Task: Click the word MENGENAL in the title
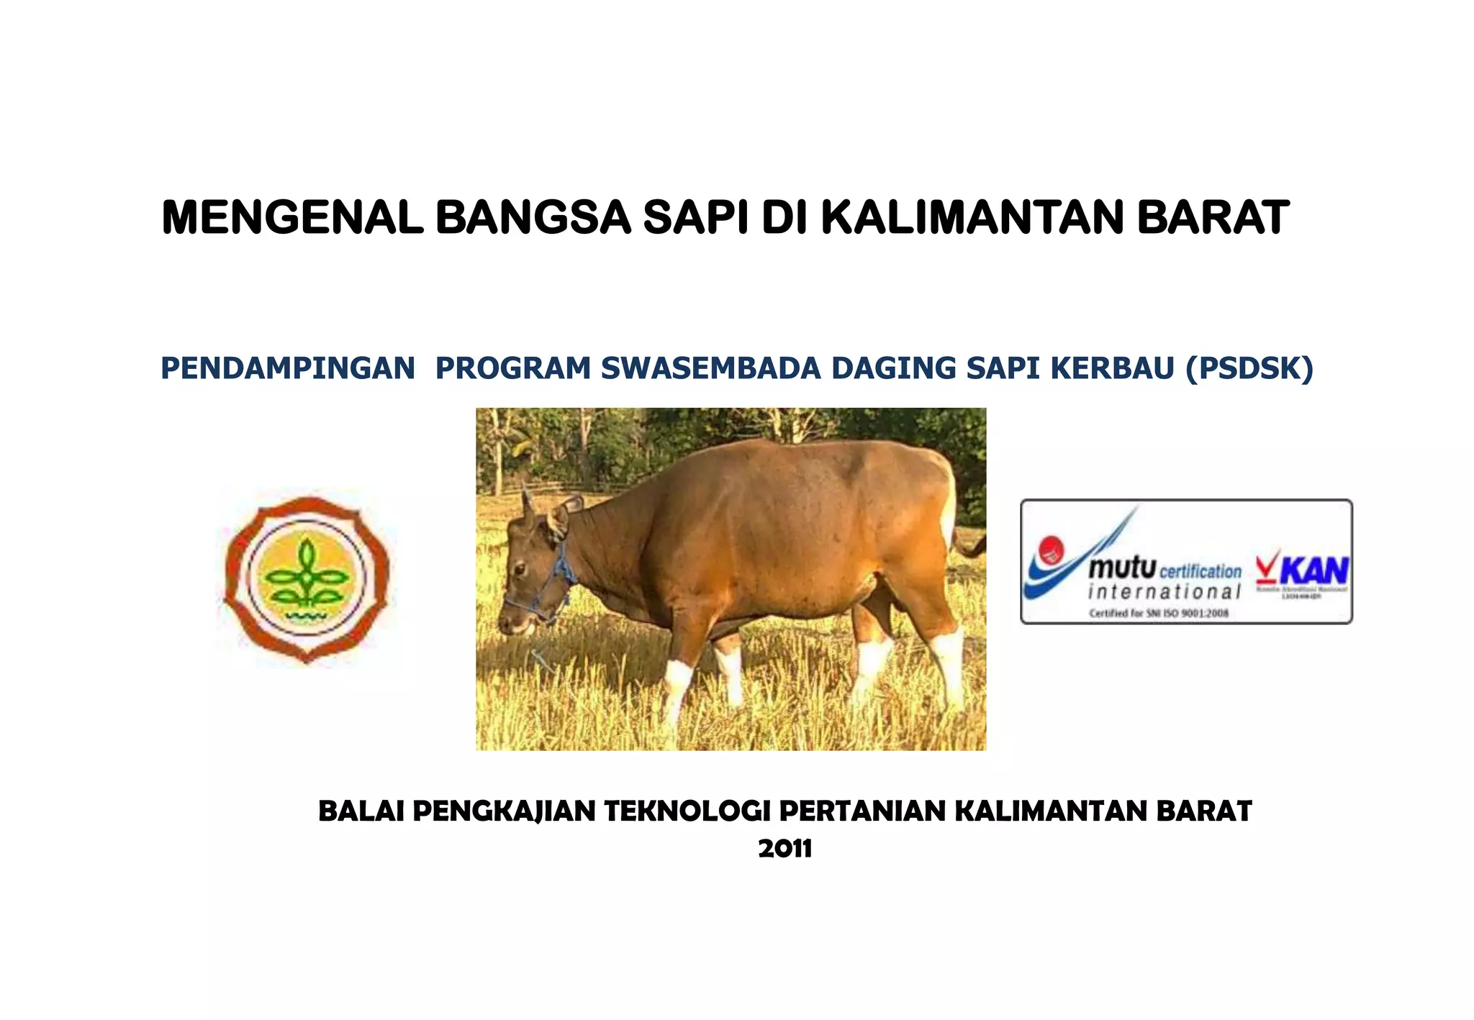pyautogui.click(x=291, y=217)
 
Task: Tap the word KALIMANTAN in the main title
pyautogui.click(x=972, y=217)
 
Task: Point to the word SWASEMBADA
pyautogui.click(x=710, y=368)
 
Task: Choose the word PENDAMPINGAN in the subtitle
pyautogui.click(x=288, y=368)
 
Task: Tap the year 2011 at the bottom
pyautogui.click(x=785, y=848)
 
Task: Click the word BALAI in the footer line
pyautogui.click(x=360, y=811)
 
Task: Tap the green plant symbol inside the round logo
pyautogui.click(x=307, y=575)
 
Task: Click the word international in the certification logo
pyautogui.click(x=1164, y=592)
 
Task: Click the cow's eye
pyautogui.click(x=520, y=568)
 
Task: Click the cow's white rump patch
pyautogui.click(x=949, y=507)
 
